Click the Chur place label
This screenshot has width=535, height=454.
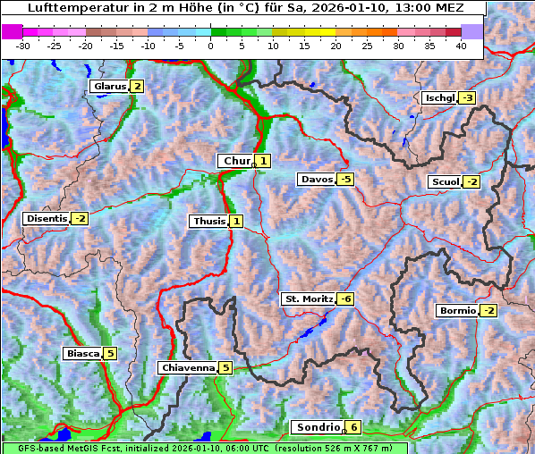pyautogui.click(x=237, y=161)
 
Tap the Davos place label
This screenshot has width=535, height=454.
pyautogui.click(x=317, y=180)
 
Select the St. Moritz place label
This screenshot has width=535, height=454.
pyautogui.click(x=309, y=298)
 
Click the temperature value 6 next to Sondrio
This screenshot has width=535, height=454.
pyautogui.click(x=354, y=427)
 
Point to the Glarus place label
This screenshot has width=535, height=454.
pyautogui.click(x=109, y=87)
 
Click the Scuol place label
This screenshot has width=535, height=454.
pyautogui.click(x=445, y=182)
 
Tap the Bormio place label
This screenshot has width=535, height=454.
pyautogui.click(x=457, y=311)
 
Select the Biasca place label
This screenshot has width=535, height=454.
pyautogui.click(x=83, y=354)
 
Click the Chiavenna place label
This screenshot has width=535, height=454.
pyautogui.click(x=188, y=367)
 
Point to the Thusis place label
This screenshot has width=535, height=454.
pyautogui.click(x=208, y=221)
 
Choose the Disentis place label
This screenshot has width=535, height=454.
pyautogui.click(x=47, y=218)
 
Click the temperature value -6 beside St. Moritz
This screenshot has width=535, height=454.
pyautogui.click(x=345, y=298)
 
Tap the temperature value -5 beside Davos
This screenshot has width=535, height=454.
pyautogui.click(x=345, y=180)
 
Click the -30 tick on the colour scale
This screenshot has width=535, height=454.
pyautogui.click(x=23, y=45)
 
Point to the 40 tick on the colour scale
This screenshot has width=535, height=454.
pyautogui.click(x=461, y=45)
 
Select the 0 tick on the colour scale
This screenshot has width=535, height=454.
pyautogui.click(x=211, y=45)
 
